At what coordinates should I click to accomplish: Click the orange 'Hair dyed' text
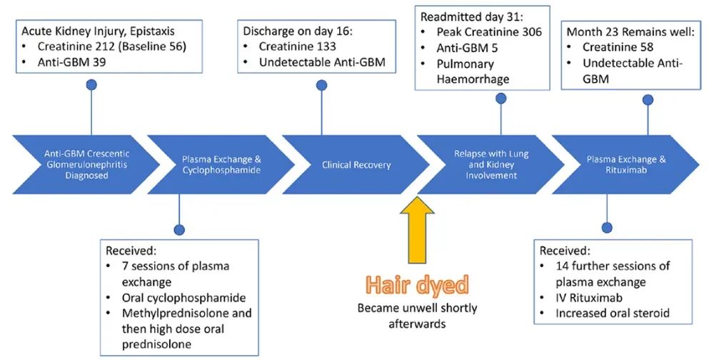tap(418, 286)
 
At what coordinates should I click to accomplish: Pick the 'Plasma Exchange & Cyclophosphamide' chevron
tap(215, 165)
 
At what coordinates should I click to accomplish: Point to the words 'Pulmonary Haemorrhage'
tap(473, 71)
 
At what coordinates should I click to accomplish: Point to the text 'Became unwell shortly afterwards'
tap(418, 316)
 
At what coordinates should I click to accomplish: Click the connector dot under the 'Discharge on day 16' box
tap(322, 85)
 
